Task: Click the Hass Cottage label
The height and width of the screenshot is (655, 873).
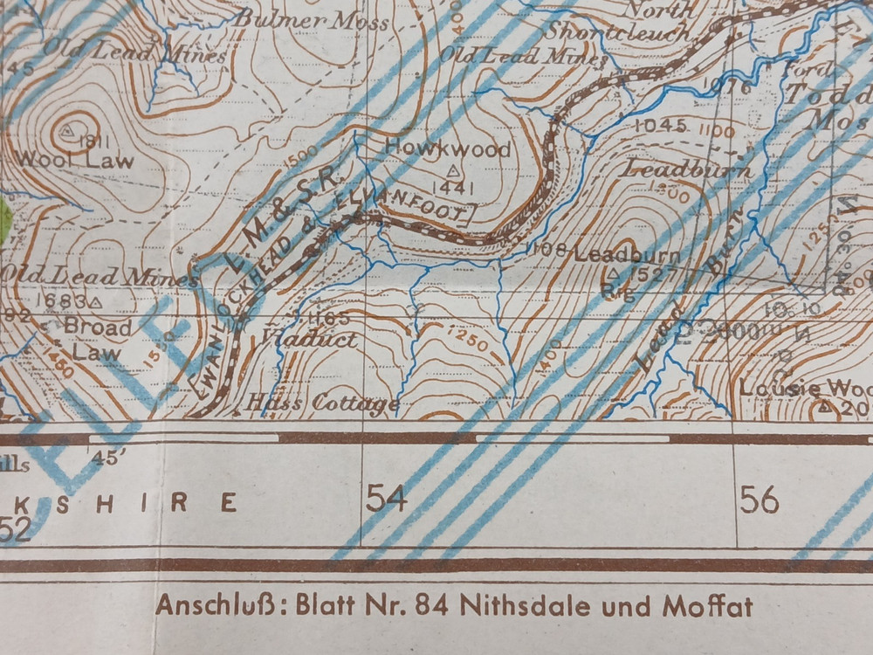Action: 323,403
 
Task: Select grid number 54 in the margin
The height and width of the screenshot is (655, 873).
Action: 387,499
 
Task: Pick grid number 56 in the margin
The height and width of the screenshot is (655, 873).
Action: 759,500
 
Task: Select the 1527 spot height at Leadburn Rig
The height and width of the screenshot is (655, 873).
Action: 646,276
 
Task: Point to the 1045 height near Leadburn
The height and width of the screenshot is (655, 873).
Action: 661,127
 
